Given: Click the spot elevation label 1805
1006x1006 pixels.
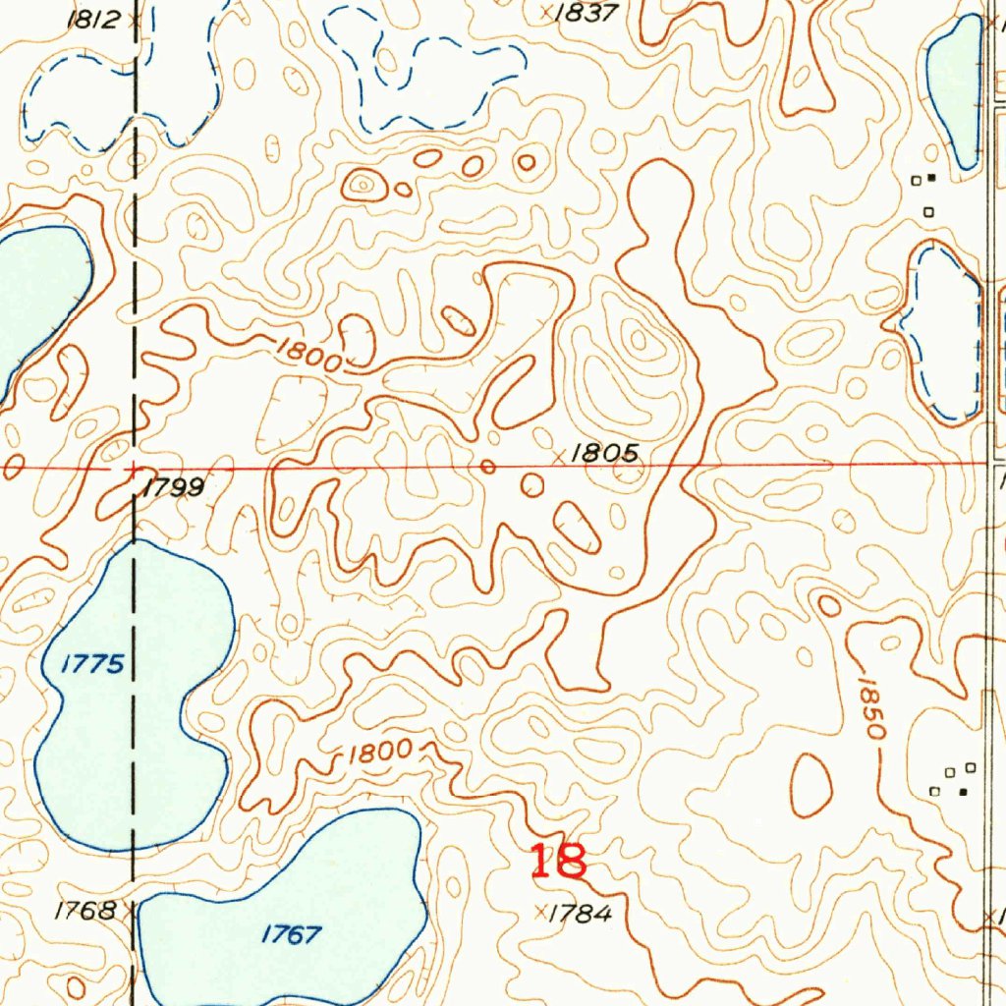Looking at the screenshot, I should point(605,453).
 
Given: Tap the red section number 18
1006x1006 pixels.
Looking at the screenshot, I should point(558,862).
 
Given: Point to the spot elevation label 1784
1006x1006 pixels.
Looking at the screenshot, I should point(580,914).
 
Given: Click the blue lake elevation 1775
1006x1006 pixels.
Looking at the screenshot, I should point(92,665).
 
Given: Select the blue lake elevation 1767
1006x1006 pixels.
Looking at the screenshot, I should point(292,934).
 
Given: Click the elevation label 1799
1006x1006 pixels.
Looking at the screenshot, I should point(173,487).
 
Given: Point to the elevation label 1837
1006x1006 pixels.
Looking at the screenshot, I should point(586,13).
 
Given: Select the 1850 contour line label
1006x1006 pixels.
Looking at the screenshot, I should point(870,707).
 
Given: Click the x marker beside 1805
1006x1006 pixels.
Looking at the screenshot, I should point(560,456).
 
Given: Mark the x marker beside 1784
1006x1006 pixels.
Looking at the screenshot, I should point(539,913).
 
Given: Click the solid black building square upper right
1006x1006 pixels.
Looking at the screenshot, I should point(931,178).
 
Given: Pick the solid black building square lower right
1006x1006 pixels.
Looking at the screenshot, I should point(964,791).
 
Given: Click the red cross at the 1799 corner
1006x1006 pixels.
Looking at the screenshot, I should point(134,470).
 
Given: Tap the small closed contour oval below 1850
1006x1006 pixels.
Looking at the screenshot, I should point(811,785).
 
